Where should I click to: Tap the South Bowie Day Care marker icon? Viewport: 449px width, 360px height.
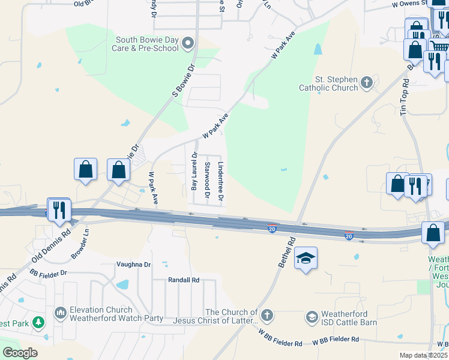coord(188,43)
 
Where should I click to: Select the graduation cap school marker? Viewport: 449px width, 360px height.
coord(306,259)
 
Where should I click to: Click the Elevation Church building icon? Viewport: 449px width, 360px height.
coord(60,313)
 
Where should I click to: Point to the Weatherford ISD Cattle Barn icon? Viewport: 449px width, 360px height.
coord(312,316)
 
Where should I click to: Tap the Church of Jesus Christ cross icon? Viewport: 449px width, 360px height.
coord(267,315)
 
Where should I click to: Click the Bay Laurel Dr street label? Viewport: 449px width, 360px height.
coord(194,172)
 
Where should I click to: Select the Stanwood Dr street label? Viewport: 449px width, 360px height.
coord(207,179)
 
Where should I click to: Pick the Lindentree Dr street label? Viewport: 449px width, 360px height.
coord(221,181)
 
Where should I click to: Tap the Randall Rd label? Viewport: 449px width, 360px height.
coord(183,280)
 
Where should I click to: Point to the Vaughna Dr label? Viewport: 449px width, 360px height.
coord(134,264)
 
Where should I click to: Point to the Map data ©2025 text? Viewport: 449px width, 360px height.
coord(423,356)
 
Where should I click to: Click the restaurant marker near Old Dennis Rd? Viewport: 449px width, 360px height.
coord(59,210)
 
